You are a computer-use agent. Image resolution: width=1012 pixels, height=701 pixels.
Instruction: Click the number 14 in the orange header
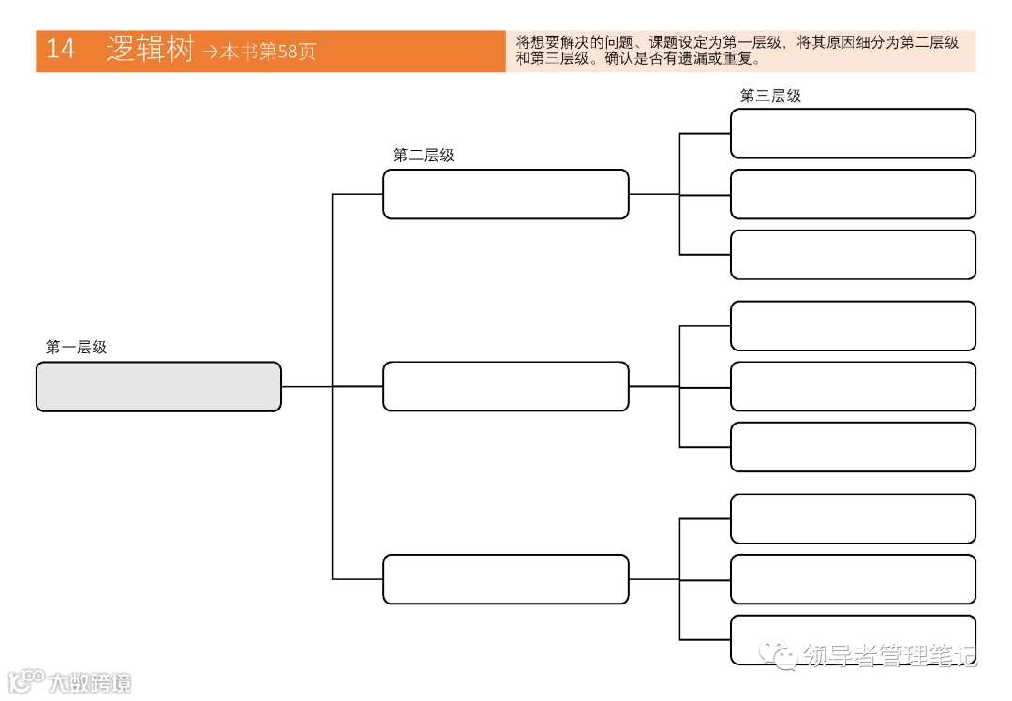[x=61, y=50]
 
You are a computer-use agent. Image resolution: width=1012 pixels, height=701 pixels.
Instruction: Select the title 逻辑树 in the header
[x=149, y=50]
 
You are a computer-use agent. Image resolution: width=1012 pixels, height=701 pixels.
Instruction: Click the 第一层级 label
[x=76, y=348]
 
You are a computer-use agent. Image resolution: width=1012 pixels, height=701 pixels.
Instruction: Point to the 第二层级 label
[x=424, y=156]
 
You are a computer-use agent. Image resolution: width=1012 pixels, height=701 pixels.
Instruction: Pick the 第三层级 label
[x=770, y=96]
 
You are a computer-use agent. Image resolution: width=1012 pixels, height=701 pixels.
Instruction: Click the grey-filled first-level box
[x=158, y=386]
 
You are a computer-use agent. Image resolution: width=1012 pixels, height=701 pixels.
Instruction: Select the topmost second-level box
[x=505, y=194]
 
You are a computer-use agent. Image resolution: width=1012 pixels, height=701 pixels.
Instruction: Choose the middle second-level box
[x=505, y=386]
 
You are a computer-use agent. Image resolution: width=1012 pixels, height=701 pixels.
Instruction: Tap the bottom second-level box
[x=505, y=579]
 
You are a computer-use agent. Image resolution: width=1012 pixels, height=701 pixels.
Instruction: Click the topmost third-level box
[x=853, y=133]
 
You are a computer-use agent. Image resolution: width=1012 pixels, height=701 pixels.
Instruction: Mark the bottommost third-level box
[x=853, y=640]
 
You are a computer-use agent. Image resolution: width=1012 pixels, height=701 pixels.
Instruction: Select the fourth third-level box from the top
[x=853, y=326]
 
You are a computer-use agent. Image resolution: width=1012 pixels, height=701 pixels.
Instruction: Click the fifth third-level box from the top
[x=853, y=386]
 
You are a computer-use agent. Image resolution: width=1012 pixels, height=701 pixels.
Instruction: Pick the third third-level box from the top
[x=853, y=255]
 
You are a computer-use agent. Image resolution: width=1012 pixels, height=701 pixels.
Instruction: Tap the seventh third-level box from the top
[x=853, y=518]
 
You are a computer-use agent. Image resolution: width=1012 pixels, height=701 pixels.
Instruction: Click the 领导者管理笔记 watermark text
[x=888, y=656]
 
